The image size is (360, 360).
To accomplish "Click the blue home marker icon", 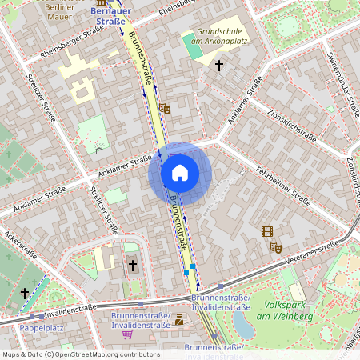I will click(x=180, y=173).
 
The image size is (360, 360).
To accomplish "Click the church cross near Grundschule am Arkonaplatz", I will click(x=218, y=64).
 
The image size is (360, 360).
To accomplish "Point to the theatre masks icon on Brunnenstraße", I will click(x=165, y=108).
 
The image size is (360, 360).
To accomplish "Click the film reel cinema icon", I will click(x=266, y=232).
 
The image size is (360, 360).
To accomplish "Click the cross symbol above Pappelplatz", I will click(x=25, y=294).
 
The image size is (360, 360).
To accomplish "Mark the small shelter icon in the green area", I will click(x=99, y=149).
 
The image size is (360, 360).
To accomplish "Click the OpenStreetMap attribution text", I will click(x=80, y=354).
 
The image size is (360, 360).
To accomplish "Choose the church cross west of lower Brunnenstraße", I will click(x=133, y=264).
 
